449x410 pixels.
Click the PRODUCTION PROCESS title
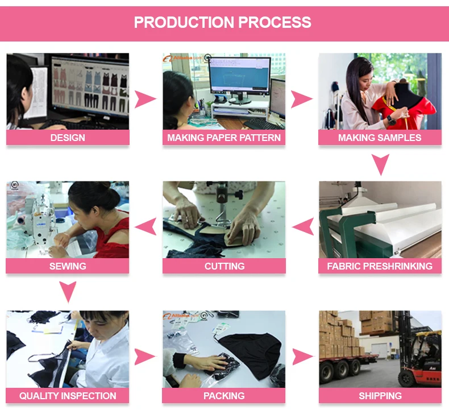(223, 23)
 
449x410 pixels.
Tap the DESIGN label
(68, 138)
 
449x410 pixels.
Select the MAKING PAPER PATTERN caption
(224, 138)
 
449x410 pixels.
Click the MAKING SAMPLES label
(380, 138)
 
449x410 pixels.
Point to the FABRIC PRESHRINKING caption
(380, 266)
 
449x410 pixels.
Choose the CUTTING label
(224, 266)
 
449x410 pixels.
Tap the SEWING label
(68, 266)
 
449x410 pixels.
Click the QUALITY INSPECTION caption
(68, 396)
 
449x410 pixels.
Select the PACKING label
(224, 396)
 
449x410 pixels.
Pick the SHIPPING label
(380, 396)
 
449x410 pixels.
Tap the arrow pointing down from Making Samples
(380, 164)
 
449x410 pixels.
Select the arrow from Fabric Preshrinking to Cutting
(303, 227)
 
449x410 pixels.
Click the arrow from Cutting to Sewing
(145, 227)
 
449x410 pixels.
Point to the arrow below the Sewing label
(68, 292)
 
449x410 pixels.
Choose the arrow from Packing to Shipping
(302, 357)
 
